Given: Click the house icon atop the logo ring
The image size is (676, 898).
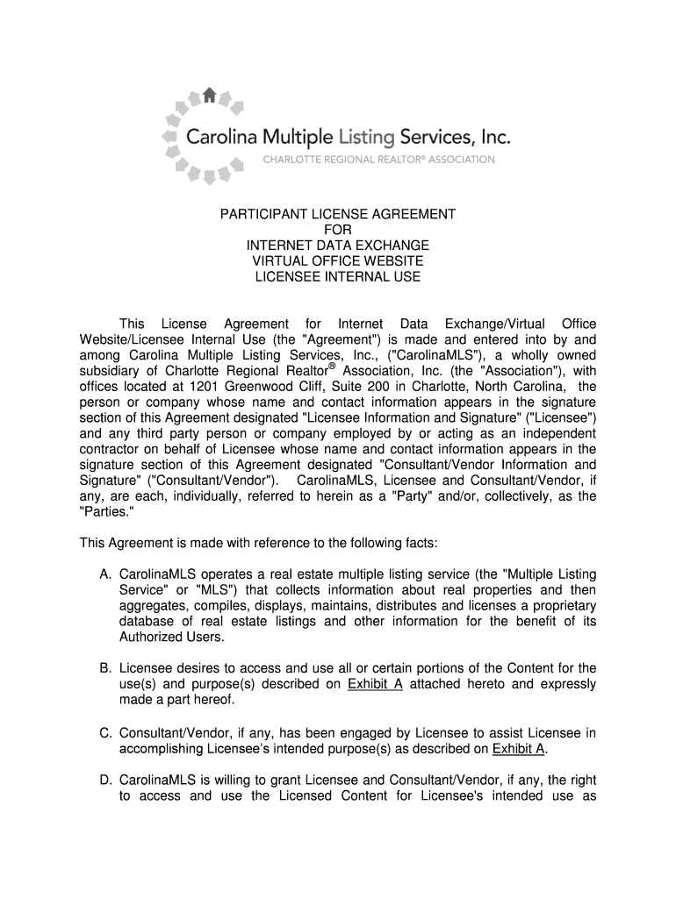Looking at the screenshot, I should (209, 95).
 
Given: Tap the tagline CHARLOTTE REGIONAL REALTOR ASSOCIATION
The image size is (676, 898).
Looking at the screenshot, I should (379, 160).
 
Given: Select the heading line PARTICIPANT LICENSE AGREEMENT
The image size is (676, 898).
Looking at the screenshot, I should (337, 214).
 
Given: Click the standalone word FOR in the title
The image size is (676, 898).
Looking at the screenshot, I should (337, 230).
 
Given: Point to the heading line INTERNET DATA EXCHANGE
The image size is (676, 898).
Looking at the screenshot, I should (337, 246).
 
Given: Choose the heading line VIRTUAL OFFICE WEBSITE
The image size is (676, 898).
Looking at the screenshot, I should (337, 261).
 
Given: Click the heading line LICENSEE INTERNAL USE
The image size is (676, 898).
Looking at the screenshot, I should (337, 277).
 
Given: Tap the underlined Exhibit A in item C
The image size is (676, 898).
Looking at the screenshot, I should (520, 748).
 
